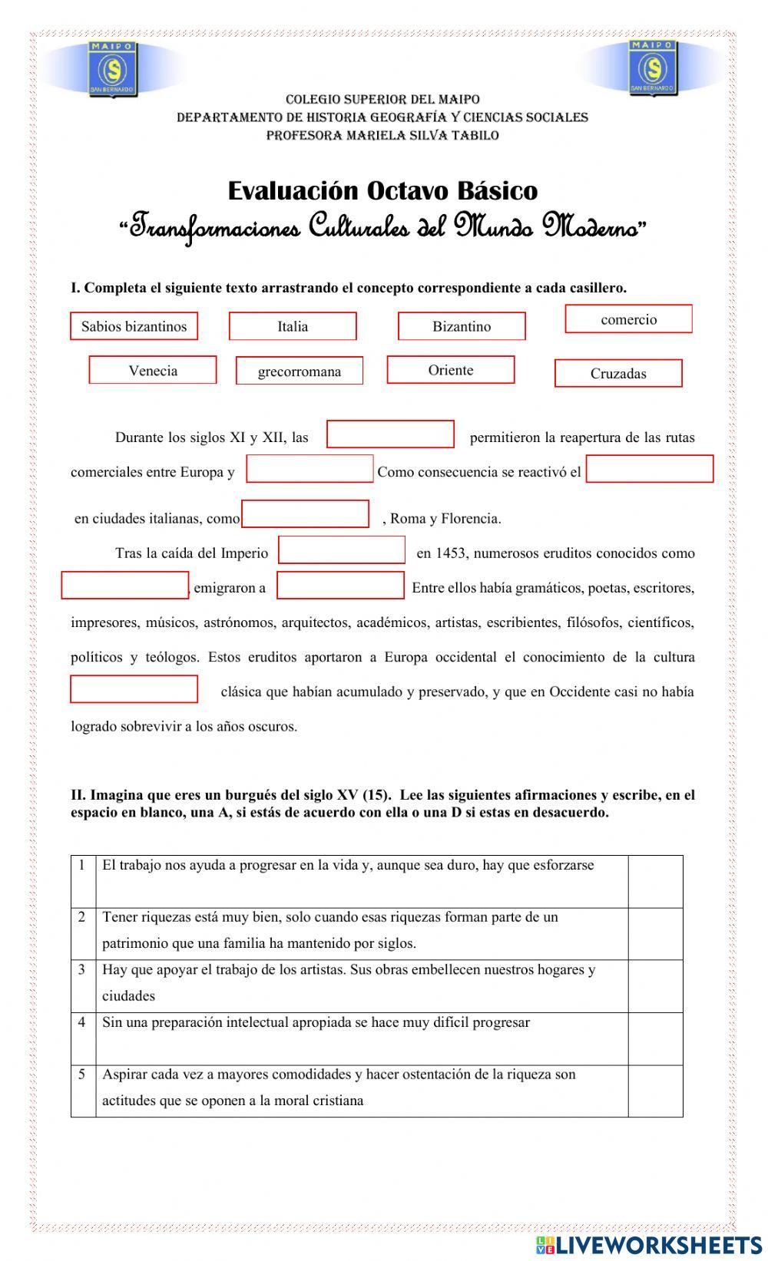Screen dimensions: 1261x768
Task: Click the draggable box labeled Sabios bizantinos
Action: click(x=134, y=326)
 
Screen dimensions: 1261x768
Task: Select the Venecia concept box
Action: click(x=153, y=371)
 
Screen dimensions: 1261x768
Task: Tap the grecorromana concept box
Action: click(x=299, y=372)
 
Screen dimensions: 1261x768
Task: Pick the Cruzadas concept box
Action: click(x=618, y=374)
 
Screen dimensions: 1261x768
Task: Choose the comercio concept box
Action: click(x=628, y=319)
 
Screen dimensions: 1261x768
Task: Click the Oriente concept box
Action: click(x=451, y=370)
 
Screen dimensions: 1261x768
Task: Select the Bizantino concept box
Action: click(x=462, y=326)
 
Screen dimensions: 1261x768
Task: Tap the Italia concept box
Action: click(x=293, y=326)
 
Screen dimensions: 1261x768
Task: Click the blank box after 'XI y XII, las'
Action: click(x=390, y=434)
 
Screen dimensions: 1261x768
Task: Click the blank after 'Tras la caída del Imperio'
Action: click(x=342, y=550)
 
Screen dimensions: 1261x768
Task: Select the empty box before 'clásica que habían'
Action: click(x=134, y=689)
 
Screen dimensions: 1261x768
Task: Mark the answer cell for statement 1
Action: click(x=655, y=881)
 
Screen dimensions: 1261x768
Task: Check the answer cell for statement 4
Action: click(x=655, y=1038)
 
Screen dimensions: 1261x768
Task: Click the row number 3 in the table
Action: click(x=82, y=969)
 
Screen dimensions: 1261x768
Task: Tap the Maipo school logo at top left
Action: click(x=114, y=68)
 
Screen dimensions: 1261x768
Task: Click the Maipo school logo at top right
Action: click(x=653, y=68)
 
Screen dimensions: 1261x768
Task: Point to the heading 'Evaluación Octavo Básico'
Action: click(x=382, y=190)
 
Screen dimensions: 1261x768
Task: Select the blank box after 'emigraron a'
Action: click(x=340, y=586)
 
